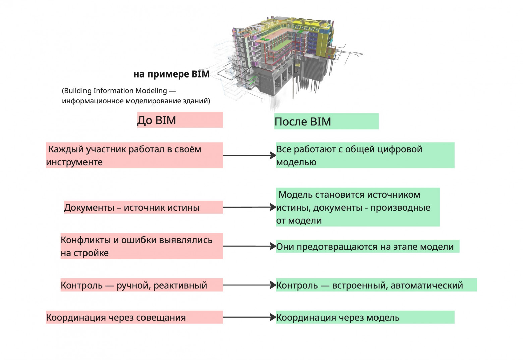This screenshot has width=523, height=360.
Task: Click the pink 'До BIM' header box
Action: [180, 120]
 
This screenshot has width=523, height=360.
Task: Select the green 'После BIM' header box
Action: [326, 121]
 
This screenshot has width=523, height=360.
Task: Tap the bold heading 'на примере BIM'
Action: [171, 74]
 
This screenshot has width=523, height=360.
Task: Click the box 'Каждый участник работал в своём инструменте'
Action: [134, 155]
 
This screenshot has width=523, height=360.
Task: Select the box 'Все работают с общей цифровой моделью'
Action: [365, 155]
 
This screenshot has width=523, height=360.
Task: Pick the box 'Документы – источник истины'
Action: [143, 207]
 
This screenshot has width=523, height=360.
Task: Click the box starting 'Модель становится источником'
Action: [357, 207]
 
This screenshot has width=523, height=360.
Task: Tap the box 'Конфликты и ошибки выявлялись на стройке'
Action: [141, 246]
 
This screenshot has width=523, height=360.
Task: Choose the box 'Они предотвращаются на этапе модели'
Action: [367, 246]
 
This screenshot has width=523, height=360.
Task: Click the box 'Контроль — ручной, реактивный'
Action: [141, 285]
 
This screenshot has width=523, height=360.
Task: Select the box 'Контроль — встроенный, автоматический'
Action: [376, 285]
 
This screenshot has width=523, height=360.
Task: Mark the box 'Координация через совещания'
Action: [134, 317]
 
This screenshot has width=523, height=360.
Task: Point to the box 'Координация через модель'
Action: [365, 317]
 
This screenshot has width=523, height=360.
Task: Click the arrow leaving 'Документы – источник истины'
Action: [249, 207]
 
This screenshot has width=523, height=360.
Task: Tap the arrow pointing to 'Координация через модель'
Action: [249, 317]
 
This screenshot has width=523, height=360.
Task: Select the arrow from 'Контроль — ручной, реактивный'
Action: [249, 285]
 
